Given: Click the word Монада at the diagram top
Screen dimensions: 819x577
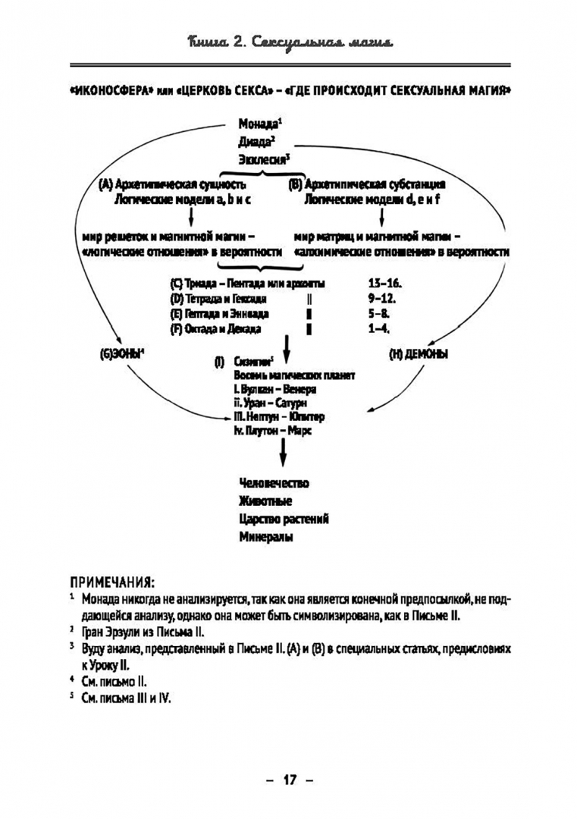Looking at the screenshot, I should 258,124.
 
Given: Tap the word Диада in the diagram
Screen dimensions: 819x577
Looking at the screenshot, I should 254,142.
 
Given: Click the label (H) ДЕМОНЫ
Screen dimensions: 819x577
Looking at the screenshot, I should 418,354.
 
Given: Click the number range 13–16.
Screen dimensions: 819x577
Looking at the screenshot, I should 384,284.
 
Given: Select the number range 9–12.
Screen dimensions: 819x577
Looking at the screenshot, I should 381,299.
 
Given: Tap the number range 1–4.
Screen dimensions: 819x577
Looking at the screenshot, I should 378,329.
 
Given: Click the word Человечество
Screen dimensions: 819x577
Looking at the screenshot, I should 274,483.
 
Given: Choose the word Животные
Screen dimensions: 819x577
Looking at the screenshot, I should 265,501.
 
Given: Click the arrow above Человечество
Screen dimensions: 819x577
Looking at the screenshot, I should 282,454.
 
